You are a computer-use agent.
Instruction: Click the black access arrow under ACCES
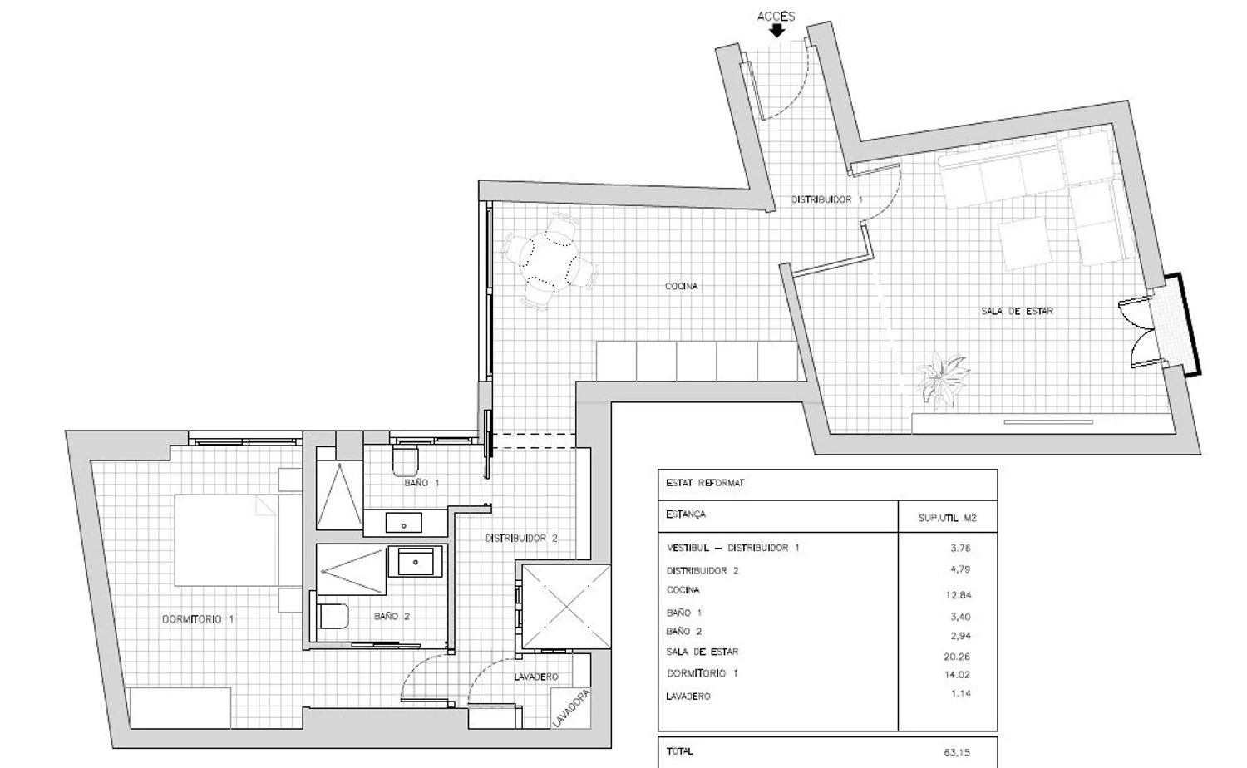(776, 31)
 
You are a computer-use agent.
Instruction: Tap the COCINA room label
(681, 286)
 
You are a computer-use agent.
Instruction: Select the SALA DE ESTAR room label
(1017, 311)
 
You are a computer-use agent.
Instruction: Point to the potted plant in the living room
(943, 378)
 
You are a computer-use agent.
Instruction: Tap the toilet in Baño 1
(405, 460)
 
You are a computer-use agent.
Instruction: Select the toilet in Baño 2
(333, 616)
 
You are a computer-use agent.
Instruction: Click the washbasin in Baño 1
(403, 523)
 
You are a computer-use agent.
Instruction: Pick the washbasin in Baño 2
(416, 562)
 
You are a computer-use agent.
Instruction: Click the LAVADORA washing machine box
(570, 708)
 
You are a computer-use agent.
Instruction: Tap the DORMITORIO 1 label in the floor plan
(198, 619)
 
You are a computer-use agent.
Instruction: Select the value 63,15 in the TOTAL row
(956, 752)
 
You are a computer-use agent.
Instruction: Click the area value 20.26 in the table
(957, 657)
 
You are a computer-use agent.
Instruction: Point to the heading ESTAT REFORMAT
(705, 483)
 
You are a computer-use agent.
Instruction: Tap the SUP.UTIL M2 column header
(947, 518)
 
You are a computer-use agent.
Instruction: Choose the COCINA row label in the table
(683, 590)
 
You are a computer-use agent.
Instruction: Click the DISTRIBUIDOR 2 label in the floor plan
(521, 538)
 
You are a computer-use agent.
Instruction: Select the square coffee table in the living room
(1025, 244)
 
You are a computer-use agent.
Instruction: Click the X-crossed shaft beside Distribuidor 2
(566, 607)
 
